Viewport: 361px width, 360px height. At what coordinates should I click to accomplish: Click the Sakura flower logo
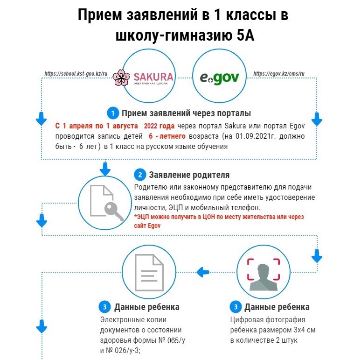click(x=121, y=78)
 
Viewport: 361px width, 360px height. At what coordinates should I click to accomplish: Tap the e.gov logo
click(x=219, y=78)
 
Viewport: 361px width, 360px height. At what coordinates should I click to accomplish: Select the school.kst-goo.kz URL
click(x=76, y=74)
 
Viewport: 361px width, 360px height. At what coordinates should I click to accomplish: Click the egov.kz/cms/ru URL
click(x=279, y=74)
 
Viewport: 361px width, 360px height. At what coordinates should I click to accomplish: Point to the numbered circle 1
click(x=113, y=113)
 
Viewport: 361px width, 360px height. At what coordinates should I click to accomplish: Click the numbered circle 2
click(x=140, y=175)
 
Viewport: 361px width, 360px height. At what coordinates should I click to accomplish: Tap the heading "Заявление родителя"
click(x=189, y=175)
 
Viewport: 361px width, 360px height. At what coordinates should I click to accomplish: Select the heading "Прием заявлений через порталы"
click(x=186, y=113)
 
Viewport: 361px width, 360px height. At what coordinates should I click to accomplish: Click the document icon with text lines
click(x=149, y=273)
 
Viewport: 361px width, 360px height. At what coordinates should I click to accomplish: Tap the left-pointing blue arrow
click(x=203, y=272)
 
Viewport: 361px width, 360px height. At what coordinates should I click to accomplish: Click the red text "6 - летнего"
click(x=167, y=136)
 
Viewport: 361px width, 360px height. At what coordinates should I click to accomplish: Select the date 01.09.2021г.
click(x=256, y=136)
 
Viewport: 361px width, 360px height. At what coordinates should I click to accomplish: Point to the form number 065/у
click(x=176, y=340)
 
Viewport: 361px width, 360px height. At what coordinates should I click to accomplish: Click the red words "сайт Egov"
click(x=147, y=226)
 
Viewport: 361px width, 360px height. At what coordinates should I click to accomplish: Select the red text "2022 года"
click(x=159, y=126)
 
